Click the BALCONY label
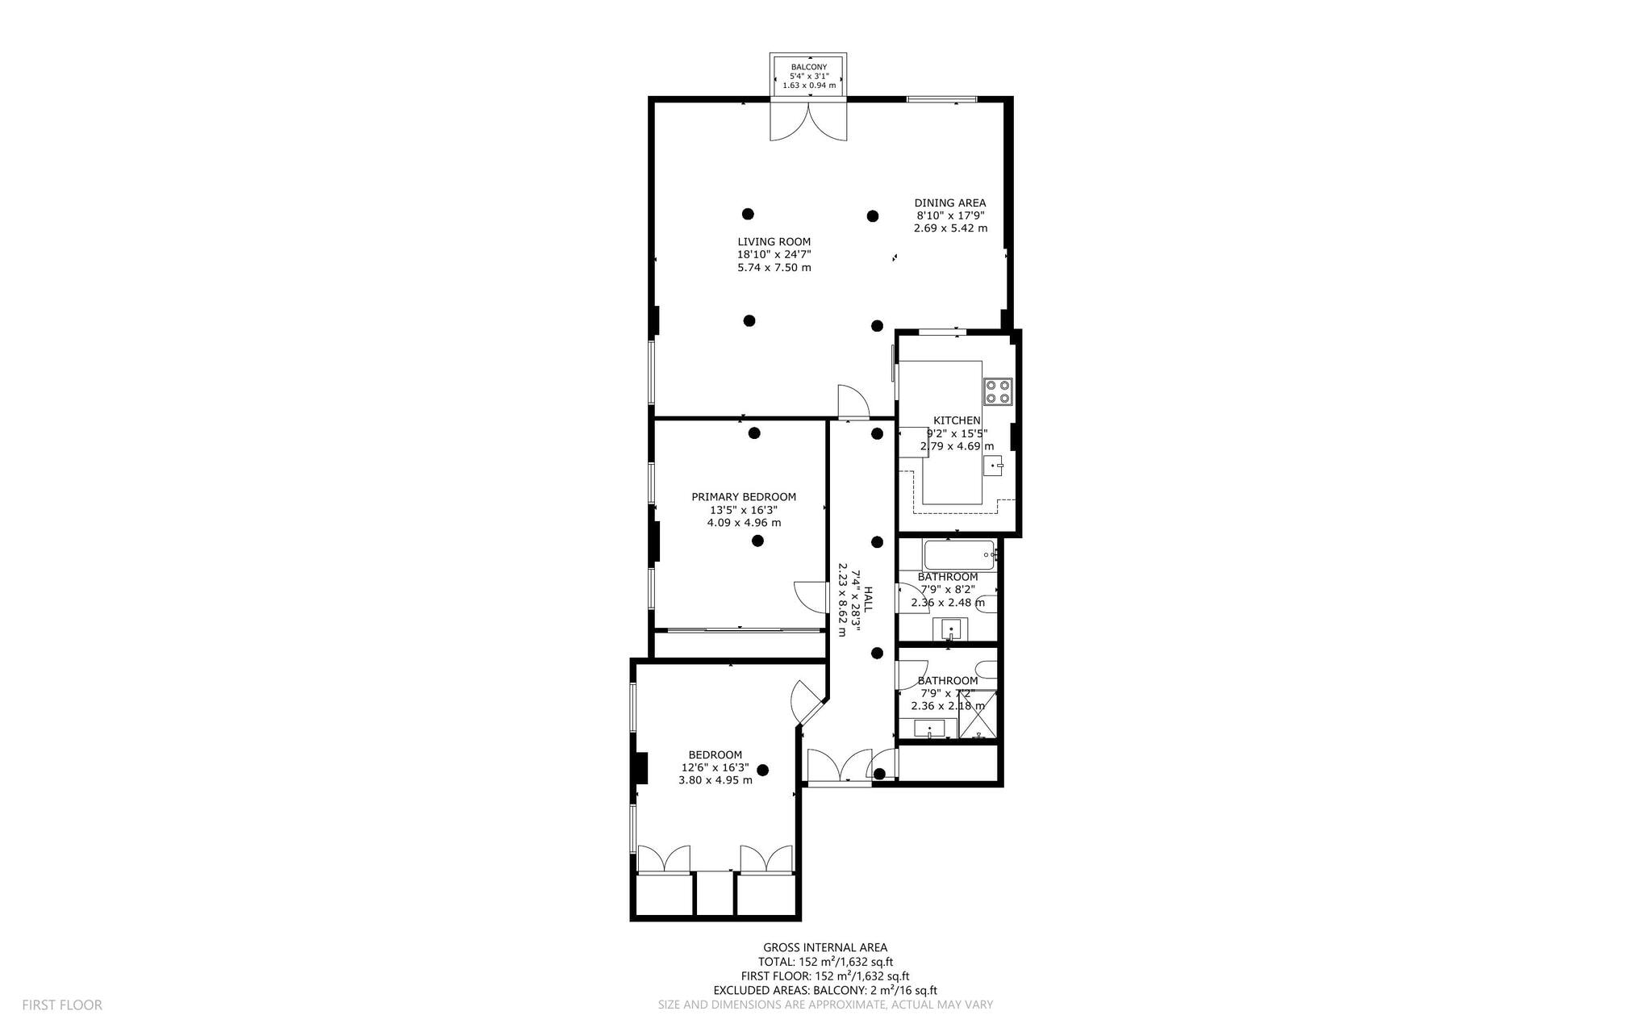pos(808,67)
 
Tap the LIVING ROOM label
pos(774,241)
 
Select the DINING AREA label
pos(950,203)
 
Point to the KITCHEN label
pos(957,420)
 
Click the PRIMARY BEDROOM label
pos(744,497)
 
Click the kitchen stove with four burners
pos(998,391)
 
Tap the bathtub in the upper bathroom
pos(960,555)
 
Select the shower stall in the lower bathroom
pos(978,715)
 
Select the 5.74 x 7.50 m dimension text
pos(774,267)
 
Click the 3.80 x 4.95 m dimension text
pos(715,780)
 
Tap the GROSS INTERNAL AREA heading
pos(825,947)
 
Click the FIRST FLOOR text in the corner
pos(62,1005)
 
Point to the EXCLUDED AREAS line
pos(825,991)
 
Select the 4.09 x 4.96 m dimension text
pos(744,523)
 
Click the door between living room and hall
pos(853,402)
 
